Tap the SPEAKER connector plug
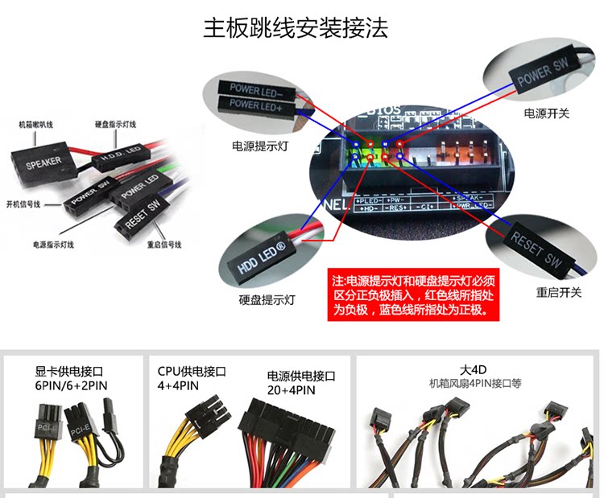pos(43,165)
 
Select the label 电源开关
pos(546,113)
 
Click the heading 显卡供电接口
pos(70,372)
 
